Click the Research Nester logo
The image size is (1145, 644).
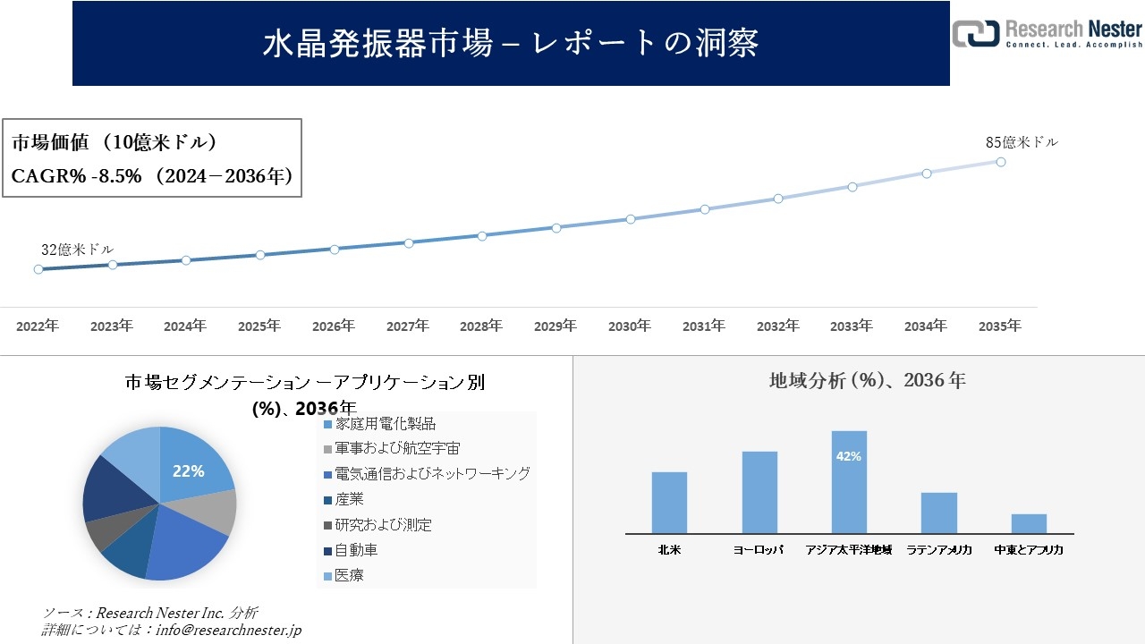pyautogui.click(x=1047, y=33)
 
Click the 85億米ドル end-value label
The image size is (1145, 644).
pyautogui.click(x=1022, y=142)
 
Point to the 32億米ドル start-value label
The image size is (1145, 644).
pyautogui.click(x=77, y=250)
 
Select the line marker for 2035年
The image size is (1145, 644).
pyautogui.click(x=1001, y=162)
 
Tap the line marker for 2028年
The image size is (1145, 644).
pyautogui.click(x=482, y=236)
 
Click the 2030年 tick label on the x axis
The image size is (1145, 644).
pyautogui.click(x=630, y=326)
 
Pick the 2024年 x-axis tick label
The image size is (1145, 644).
pyautogui.click(x=185, y=326)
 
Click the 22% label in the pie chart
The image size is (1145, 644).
pyautogui.click(x=189, y=470)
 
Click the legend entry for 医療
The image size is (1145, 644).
pyautogui.click(x=349, y=575)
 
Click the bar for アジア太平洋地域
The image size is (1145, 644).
pyautogui.click(x=849, y=483)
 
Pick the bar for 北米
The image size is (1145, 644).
pyautogui.click(x=669, y=503)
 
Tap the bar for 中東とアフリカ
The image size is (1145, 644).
pyautogui.click(x=1029, y=523)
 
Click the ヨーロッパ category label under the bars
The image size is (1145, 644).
pyautogui.click(x=759, y=550)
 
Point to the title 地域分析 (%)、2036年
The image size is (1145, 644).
pyautogui.click(x=867, y=380)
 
